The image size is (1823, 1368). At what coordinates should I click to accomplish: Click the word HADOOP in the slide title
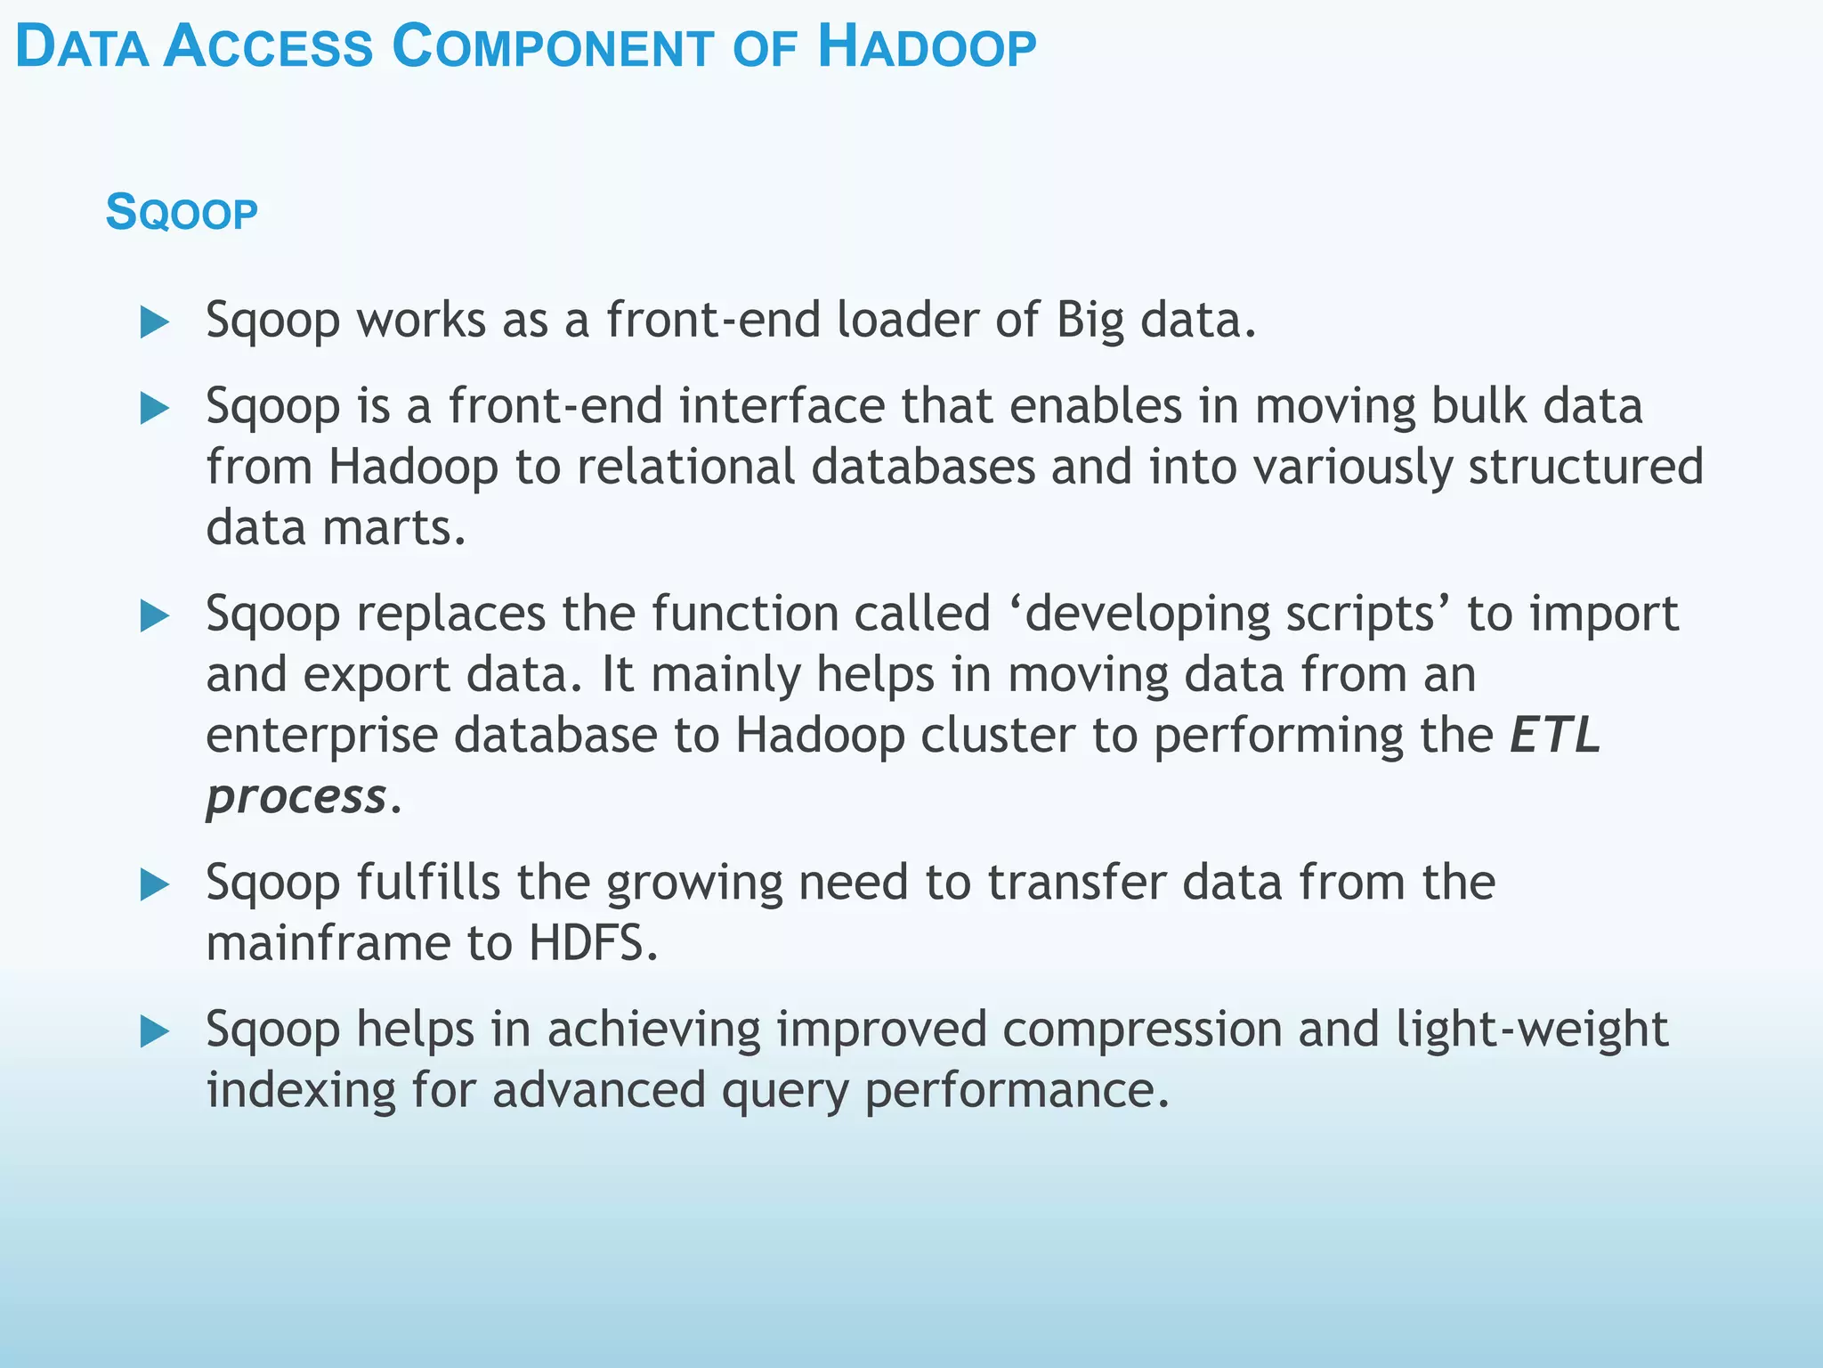pyautogui.click(x=927, y=48)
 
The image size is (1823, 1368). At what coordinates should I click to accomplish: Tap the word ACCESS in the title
pyautogui.click(x=269, y=48)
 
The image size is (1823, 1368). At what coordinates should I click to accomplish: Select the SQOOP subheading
pyautogui.click(x=182, y=214)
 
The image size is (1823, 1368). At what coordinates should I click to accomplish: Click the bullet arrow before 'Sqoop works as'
pyautogui.click(x=155, y=322)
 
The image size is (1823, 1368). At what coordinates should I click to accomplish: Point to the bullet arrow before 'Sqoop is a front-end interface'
pyautogui.click(x=155, y=409)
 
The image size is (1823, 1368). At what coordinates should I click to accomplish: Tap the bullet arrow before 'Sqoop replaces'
pyautogui.click(x=155, y=616)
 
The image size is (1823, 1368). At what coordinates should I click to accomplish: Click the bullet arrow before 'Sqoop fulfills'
pyautogui.click(x=155, y=884)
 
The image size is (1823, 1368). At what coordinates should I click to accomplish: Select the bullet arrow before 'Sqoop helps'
pyautogui.click(x=155, y=1032)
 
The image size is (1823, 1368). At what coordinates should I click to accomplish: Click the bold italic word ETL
pyautogui.click(x=1555, y=736)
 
